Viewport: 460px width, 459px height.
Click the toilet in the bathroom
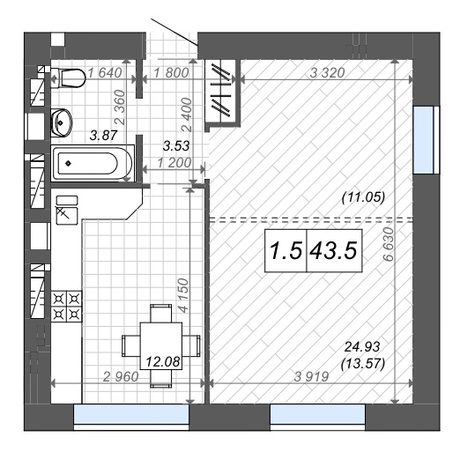coord(68,78)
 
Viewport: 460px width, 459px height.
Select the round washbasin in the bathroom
coord(62,122)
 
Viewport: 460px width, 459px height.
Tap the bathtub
coord(93,163)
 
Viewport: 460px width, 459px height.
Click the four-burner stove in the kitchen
coord(67,307)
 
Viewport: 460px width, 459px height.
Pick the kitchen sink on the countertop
coord(67,211)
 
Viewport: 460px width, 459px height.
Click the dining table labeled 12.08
coord(161,346)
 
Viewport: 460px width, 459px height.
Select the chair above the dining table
coord(161,314)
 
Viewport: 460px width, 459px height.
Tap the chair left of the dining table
coord(131,345)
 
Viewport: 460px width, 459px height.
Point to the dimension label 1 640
coord(105,73)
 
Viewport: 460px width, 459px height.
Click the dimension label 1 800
coord(171,73)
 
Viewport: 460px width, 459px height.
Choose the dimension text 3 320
coord(327,73)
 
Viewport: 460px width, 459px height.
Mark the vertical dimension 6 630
coord(389,244)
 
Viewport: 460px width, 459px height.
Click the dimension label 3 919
coord(311,377)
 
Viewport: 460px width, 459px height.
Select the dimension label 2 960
coord(121,377)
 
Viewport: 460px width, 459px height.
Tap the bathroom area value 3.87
coord(103,136)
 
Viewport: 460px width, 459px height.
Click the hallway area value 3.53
coord(176,146)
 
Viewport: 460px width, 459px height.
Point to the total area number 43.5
coord(334,251)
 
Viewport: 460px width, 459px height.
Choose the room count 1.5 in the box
coord(286,251)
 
